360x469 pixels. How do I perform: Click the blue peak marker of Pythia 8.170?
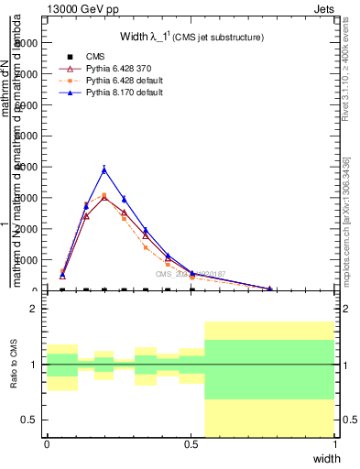[x=104, y=169]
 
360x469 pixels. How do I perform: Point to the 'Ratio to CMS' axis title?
[x=14, y=366]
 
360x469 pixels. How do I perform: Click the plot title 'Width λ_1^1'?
[x=192, y=37]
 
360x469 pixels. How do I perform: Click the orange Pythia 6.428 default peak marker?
[x=104, y=195]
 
